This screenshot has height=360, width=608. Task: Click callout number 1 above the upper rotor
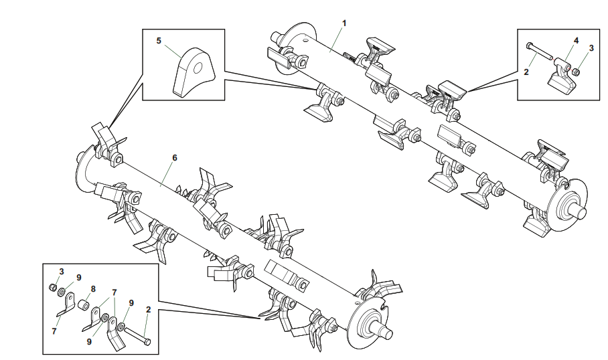(344, 23)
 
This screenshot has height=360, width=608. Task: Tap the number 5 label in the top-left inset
(159, 41)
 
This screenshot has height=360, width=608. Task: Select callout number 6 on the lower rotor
(175, 158)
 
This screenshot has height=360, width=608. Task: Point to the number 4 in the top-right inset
(577, 40)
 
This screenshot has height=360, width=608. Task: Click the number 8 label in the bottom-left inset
(93, 289)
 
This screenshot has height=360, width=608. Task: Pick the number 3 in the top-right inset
(591, 48)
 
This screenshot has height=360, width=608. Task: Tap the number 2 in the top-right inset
(526, 72)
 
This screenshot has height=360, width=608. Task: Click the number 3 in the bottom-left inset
(61, 272)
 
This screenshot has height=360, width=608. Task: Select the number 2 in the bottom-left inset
(148, 309)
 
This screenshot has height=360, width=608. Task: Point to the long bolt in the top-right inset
(539, 52)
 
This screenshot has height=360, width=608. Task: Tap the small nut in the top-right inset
(577, 72)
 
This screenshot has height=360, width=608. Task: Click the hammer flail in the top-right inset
(562, 76)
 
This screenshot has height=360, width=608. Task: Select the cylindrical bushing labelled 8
(84, 305)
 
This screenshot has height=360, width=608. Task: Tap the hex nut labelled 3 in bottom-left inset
(53, 287)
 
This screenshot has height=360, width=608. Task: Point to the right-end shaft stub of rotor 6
(384, 332)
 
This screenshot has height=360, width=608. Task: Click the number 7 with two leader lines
(115, 292)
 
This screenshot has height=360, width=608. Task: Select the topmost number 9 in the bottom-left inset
(79, 278)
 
